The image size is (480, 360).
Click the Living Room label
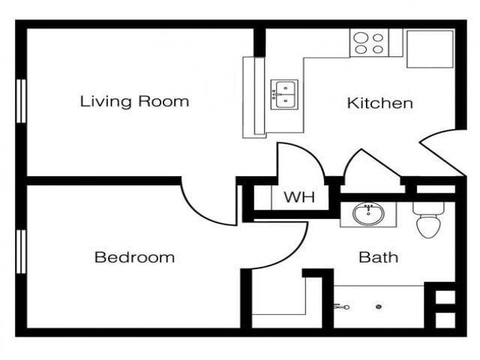pyautogui.click(x=134, y=101)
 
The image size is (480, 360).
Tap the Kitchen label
pyautogui.click(x=379, y=103)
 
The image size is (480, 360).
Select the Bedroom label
pyautogui.click(x=134, y=257)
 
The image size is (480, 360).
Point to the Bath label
pyautogui.click(x=378, y=257)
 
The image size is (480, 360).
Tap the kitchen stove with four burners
pyautogui.click(x=368, y=43)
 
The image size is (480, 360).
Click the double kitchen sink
pyautogui.click(x=284, y=94)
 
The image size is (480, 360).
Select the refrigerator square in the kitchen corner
pyautogui.click(x=430, y=49)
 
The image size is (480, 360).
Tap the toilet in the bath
pyautogui.click(x=430, y=220)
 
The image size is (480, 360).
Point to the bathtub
pyautogui.click(x=379, y=307)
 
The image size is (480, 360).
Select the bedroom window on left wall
pyautogui.click(x=21, y=251)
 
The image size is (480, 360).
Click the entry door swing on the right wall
pyautogui.click(x=442, y=150)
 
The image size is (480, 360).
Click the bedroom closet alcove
pyautogui.click(x=277, y=300)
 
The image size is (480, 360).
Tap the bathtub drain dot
pyautogui.click(x=379, y=306)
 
